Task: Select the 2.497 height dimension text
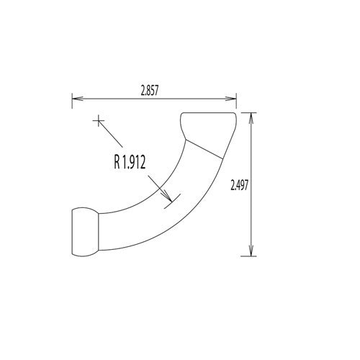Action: [240, 184]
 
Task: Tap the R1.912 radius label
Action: [130, 163]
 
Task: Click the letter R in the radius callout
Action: [117, 163]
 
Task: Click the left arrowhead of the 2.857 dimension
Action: [75, 99]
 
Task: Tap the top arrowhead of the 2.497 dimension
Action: [251, 117]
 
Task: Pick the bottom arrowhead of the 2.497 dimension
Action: [251, 251]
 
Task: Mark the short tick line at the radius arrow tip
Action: [171, 199]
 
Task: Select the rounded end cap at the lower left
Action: [85, 230]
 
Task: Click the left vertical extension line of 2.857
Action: [71, 102]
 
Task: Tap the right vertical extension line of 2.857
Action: [237, 102]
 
